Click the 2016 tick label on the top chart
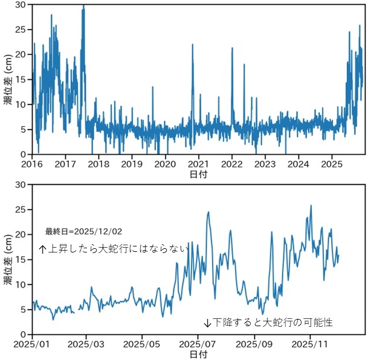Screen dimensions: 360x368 point(33,164)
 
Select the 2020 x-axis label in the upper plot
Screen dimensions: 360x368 point(166,164)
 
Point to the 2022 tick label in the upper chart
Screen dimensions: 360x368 point(232,164)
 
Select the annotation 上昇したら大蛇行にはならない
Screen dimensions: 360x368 point(118,248)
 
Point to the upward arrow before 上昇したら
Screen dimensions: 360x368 point(42,248)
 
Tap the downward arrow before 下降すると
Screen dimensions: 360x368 point(207,323)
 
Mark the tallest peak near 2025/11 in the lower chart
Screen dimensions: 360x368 point(311,206)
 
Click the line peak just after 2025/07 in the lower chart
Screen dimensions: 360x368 point(208,212)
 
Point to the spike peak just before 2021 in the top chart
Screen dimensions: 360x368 point(193,45)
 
